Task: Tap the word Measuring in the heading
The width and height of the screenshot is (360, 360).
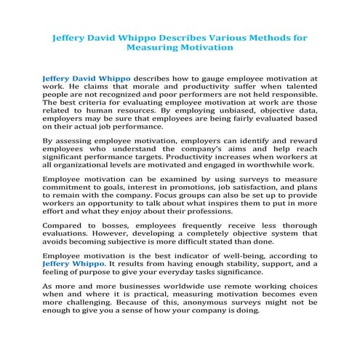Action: point(154,46)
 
